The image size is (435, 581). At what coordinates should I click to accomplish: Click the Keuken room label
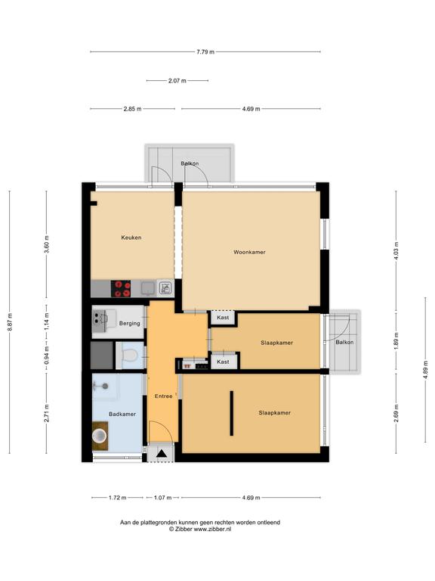[131, 238]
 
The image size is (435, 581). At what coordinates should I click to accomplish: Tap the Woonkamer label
[249, 252]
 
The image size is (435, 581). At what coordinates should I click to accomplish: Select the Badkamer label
[122, 414]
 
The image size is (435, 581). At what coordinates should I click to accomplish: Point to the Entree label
[163, 396]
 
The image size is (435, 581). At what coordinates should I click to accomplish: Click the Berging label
[129, 324]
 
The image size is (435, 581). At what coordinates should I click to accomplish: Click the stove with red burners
[121, 289]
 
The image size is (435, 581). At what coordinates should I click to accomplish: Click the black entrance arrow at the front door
[161, 453]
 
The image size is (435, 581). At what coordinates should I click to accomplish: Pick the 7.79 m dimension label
[205, 52]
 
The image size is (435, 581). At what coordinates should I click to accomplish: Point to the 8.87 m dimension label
[10, 322]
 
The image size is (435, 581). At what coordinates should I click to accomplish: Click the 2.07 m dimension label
[177, 80]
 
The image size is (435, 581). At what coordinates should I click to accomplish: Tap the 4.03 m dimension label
[396, 251]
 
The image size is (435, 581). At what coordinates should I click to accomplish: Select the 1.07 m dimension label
[163, 498]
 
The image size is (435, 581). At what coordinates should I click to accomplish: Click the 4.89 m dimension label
[425, 369]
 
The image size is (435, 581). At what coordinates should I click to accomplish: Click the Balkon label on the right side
[344, 343]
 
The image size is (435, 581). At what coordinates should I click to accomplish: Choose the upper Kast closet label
[223, 318]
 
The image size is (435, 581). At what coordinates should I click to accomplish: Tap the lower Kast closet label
[223, 362]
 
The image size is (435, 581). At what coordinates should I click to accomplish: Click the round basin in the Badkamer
[99, 436]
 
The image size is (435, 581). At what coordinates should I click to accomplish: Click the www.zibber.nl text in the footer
[212, 529]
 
